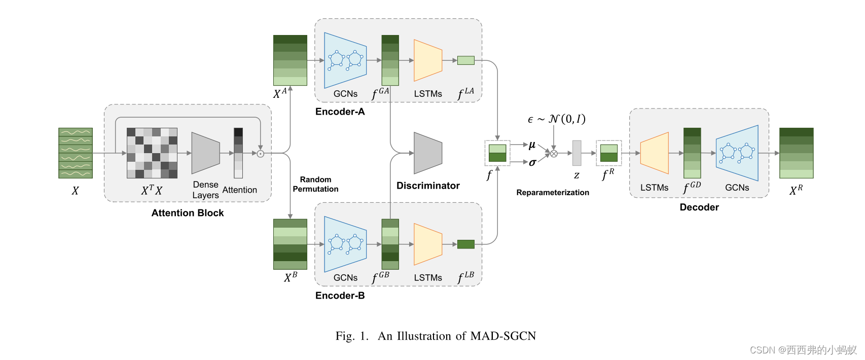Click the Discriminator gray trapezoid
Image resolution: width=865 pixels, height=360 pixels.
[x=428, y=153]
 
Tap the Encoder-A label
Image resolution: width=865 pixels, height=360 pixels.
[x=340, y=112]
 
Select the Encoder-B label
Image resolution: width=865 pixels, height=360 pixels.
[x=340, y=296]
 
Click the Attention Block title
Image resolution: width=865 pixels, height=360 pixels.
[x=188, y=213]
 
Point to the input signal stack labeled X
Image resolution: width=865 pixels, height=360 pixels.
[x=76, y=153]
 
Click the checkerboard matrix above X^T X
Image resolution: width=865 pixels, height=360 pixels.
[x=152, y=153]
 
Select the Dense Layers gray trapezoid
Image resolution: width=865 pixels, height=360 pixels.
[x=205, y=153]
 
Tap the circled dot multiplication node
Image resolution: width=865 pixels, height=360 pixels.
[x=261, y=153]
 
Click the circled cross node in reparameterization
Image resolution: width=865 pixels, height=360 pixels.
[x=554, y=154]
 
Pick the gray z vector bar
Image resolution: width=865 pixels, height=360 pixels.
[x=577, y=153]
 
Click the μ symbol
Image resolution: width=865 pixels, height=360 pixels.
[x=532, y=145]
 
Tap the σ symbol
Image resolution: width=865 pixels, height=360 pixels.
[x=532, y=162]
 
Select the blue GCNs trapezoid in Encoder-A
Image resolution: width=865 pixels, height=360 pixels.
[x=345, y=60]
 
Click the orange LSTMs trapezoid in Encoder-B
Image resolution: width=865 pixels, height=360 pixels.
[x=428, y=244]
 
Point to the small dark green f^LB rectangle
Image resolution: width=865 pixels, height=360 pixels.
[x=465, y=244]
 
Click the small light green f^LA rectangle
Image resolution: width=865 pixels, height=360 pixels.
[x=465, y=60]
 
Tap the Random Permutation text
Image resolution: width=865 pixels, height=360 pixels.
[x=315, y=184]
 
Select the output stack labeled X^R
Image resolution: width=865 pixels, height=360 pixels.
[x=796, y=153]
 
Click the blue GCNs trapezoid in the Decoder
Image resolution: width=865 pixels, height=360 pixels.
[x=737, y=153]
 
